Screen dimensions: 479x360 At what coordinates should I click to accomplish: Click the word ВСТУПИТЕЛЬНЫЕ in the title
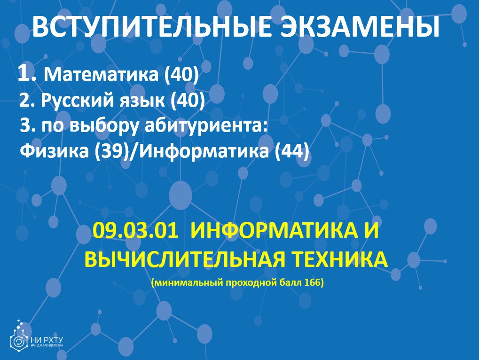click(151, 27)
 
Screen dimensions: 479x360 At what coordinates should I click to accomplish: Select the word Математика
click(101, 74)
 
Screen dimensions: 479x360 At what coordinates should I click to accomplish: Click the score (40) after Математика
click(181, 75)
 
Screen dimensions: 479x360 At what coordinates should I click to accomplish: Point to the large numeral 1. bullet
click(27, 73)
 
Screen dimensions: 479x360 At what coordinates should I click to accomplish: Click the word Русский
click(77, 100)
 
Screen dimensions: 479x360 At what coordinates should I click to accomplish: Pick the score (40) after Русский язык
click(188, 101)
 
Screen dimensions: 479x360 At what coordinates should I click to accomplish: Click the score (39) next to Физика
click(111, 151)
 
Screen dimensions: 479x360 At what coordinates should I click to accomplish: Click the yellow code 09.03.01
click(135, 230)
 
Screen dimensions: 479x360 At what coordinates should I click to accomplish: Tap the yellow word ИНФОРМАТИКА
click(274, 230)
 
